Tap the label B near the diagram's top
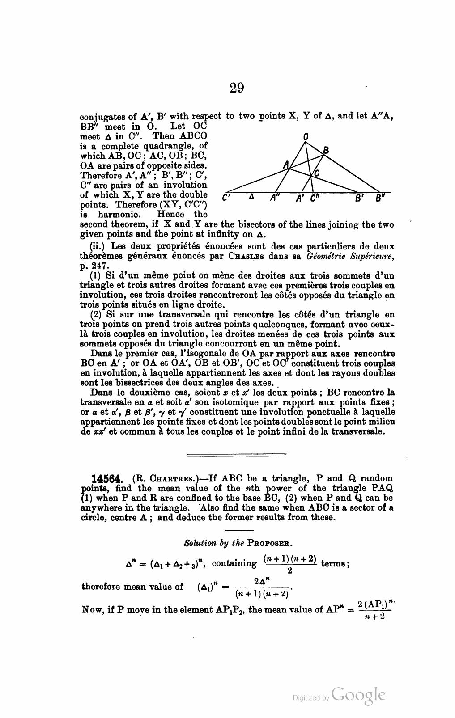click(326, 151)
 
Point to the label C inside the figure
click(316, 173)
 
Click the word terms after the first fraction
click(335, 563)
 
